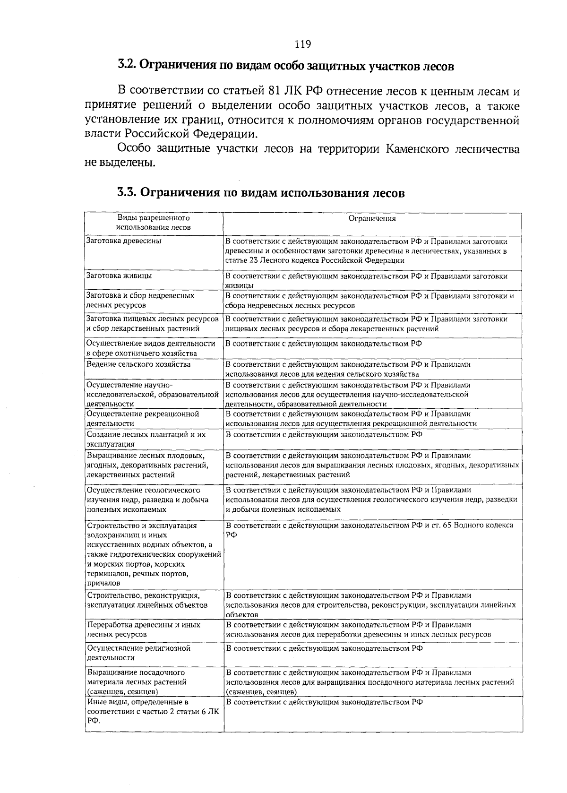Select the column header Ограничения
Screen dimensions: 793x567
372,218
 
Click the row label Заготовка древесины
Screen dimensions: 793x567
123,241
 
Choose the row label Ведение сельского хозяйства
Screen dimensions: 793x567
132,364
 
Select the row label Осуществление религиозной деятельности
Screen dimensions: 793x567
138,653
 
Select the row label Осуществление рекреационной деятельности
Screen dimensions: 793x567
143,419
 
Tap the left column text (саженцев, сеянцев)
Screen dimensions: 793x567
122,692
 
